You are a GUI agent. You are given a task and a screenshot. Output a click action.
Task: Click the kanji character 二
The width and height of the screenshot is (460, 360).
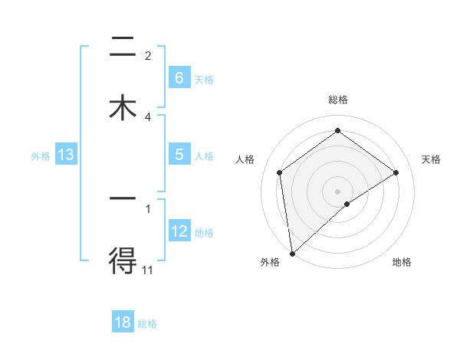click(x=122, y=49)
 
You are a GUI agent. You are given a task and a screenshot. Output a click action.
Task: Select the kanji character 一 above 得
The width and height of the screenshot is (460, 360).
click(x=122, y=199)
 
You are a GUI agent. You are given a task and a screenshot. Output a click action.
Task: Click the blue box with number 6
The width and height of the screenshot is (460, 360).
click(x=179, y=77)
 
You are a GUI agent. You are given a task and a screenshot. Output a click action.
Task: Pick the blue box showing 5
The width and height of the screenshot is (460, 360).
click(x=179, y=155)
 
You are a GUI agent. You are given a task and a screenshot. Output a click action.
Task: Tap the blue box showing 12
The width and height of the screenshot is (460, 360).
click(x=179, y=231)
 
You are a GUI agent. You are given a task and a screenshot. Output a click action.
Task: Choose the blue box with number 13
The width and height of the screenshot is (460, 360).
click(x=66, y=155)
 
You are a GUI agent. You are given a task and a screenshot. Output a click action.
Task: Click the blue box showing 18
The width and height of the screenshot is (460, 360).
click(x=123, y=322)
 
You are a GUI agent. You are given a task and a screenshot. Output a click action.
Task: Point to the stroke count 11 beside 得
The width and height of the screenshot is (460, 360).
click(x=147, y=270)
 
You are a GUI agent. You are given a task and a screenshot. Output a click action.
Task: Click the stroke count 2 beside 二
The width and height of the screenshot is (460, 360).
click(x=148, y=55)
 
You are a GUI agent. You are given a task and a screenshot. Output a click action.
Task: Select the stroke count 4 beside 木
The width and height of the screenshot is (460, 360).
click(x=148, y=116)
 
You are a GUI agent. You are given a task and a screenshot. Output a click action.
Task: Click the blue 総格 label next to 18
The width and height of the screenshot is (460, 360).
click(x=147, y=324)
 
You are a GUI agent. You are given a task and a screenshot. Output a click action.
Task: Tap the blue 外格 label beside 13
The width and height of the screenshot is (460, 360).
click(x=41, y=156)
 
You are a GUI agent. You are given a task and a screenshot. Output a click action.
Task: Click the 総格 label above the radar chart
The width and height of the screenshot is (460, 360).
click(x=338, y=100)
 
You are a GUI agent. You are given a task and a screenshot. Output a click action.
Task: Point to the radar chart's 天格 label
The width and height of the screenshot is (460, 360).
click(x=432, y=159)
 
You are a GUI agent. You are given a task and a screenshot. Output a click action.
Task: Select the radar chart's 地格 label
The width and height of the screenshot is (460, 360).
click(x=402, y=263)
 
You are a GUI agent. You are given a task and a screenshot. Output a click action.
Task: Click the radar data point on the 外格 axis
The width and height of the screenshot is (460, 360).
click(x=291, y=253)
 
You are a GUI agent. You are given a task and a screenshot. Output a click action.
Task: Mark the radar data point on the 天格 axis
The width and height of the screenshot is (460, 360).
click(x=396, y=172)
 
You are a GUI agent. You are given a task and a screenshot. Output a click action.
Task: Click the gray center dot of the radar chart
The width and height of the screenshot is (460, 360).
click(x=338, y=191)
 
